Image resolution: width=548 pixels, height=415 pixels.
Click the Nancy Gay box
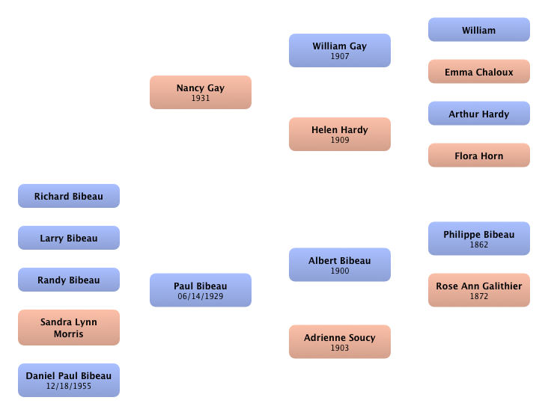coord(200,92)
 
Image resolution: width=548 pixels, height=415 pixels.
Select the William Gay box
coord(339,50)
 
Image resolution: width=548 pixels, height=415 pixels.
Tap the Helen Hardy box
coord(339,134)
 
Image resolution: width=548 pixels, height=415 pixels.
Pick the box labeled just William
coord(478,30)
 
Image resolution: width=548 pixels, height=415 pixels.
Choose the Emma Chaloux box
coord(478,72)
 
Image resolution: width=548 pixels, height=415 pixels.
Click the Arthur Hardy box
coord(478,114)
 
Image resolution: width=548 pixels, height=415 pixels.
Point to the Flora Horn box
coord(478,156)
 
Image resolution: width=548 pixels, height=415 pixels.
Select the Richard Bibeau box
coord(68,196)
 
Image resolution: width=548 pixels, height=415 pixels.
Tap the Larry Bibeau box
coord(68,238)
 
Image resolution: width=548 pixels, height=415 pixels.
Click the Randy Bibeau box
coord(68,280)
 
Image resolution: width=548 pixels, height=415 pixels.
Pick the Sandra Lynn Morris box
coord(68,328)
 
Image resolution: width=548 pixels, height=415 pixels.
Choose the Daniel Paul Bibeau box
coord(68,380)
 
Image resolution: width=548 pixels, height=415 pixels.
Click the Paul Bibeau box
coord(200,289)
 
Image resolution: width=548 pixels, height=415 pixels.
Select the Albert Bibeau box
coord(339,265)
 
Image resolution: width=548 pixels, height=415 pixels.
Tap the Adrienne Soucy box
coord(339,342)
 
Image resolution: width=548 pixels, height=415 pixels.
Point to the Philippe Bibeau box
coord(478,239)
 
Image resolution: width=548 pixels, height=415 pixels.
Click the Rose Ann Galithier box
coord(478,289)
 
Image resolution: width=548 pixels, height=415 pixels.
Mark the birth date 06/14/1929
coord(201,296)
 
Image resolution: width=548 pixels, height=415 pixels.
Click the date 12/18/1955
coord(69,387)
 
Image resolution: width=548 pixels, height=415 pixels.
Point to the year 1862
coord(479,245)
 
